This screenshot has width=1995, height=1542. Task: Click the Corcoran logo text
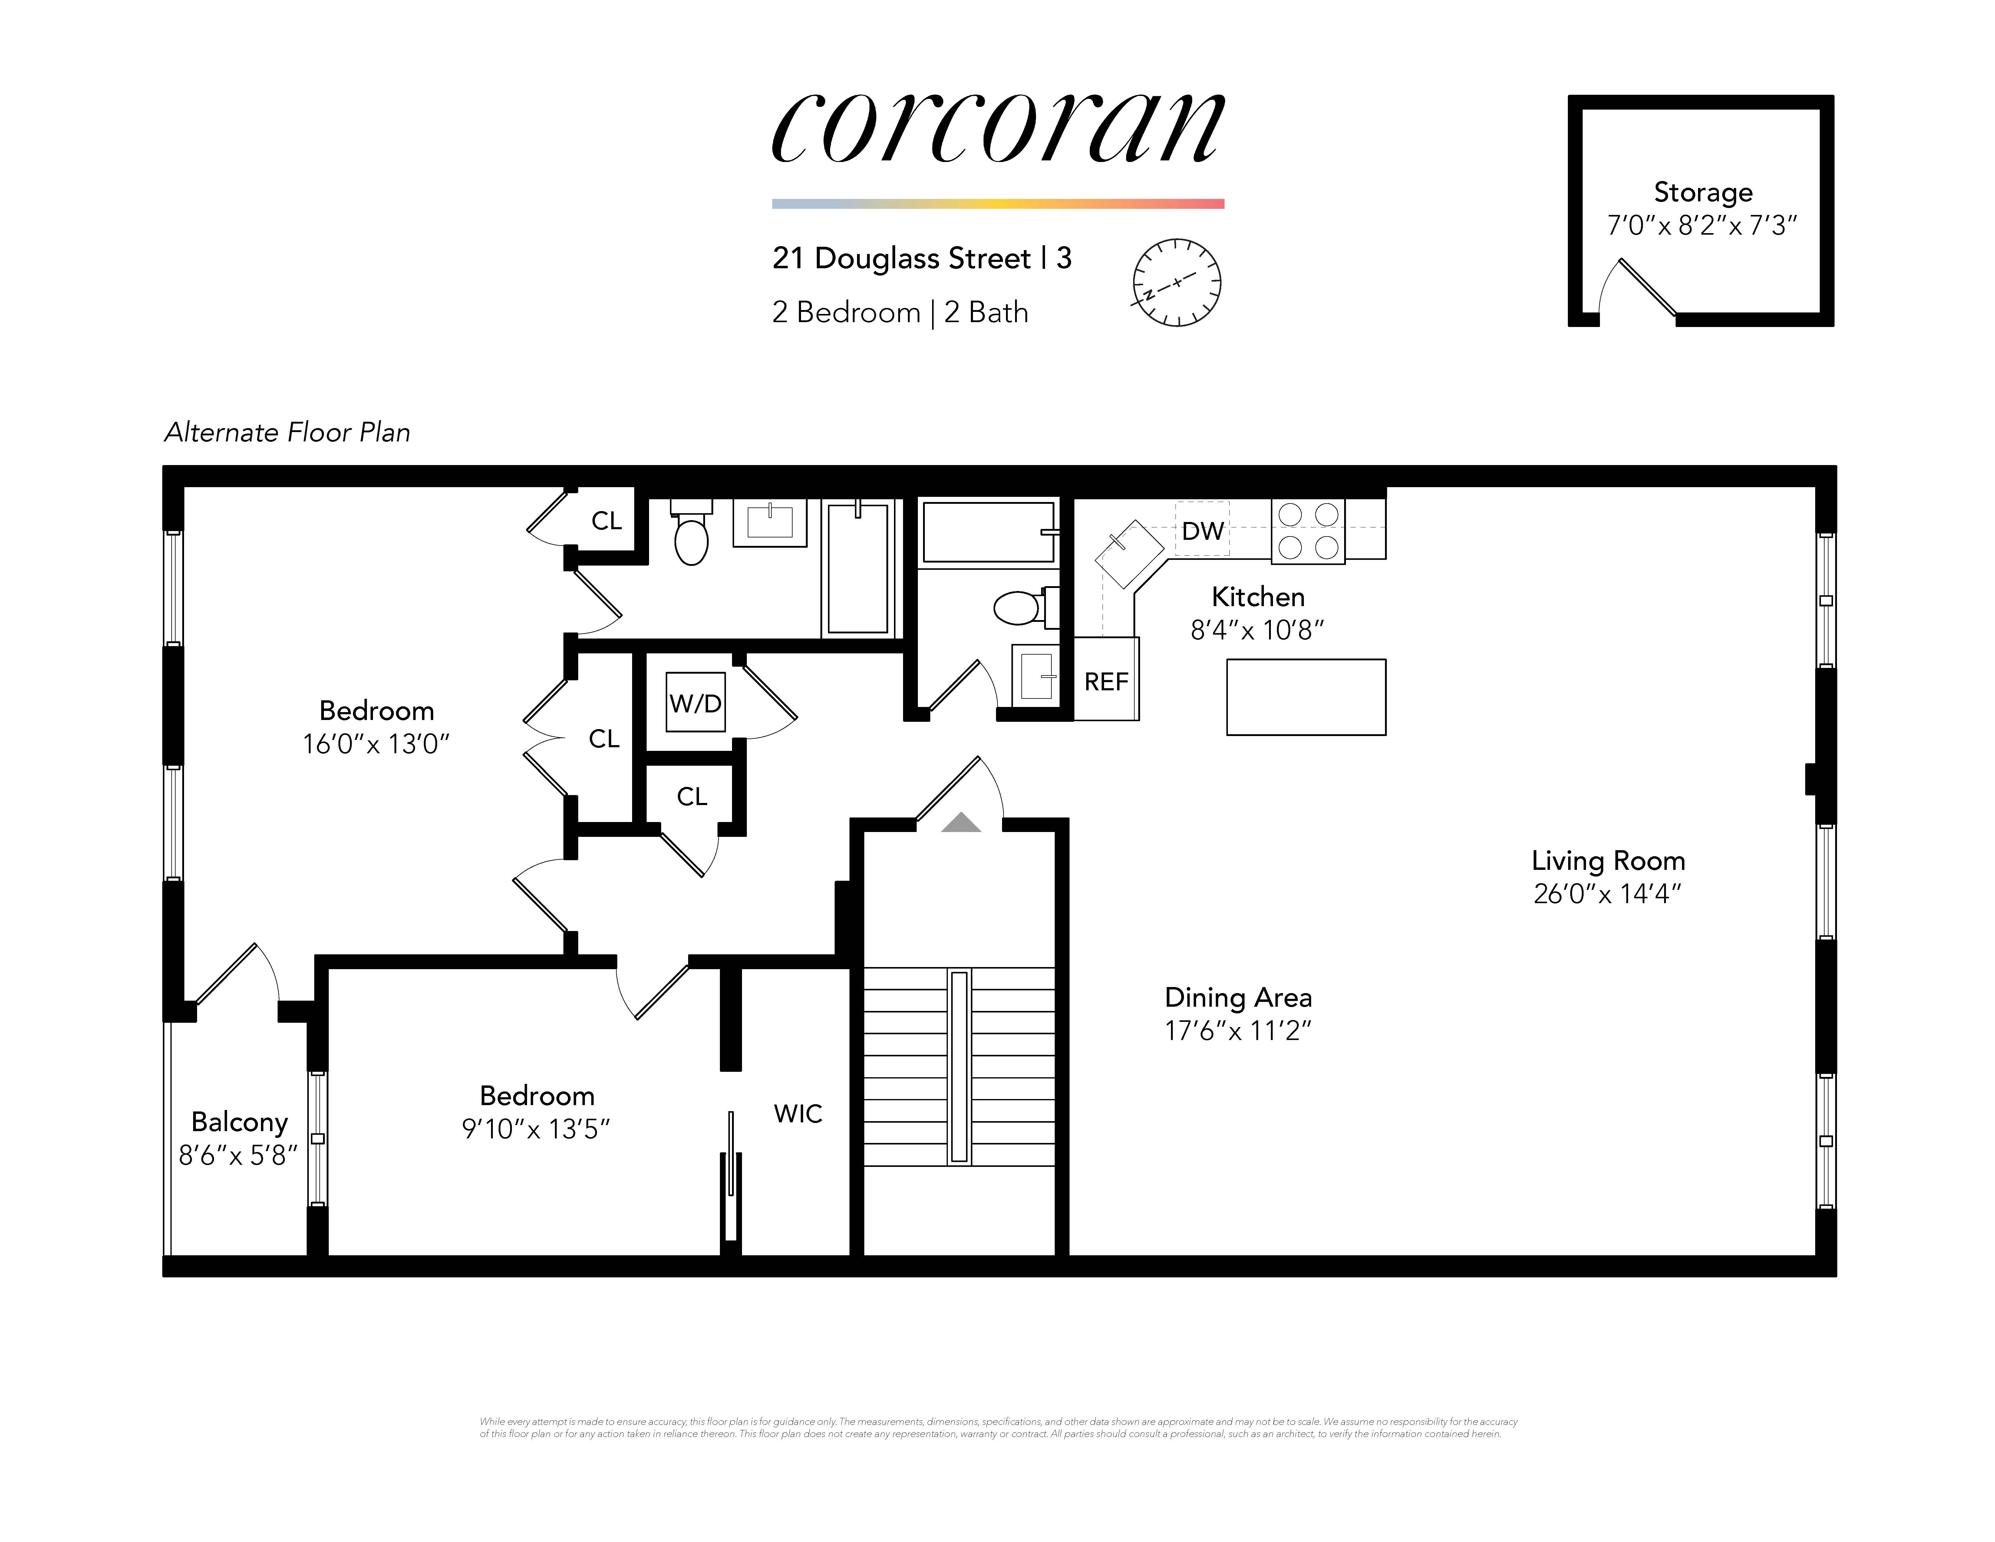click(997, 128)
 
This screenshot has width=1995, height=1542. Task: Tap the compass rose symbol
click(1176, 282)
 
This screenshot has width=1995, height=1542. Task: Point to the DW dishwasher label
click(1202, 531)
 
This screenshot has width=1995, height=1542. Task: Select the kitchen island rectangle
click(1305, 697)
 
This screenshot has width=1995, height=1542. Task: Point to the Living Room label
click(1608, 860)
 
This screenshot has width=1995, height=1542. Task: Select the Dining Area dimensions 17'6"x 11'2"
click(1238, 1030)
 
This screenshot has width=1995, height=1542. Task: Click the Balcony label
click(239, 1122)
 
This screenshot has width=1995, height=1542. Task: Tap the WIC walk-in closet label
click(797, 1114)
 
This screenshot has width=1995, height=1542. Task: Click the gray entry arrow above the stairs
click(961, 823)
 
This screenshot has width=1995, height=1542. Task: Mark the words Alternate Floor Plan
click(287, 432)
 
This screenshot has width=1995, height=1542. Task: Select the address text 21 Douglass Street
click(901, 259)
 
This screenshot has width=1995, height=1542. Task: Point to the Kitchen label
click(1258, 596)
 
